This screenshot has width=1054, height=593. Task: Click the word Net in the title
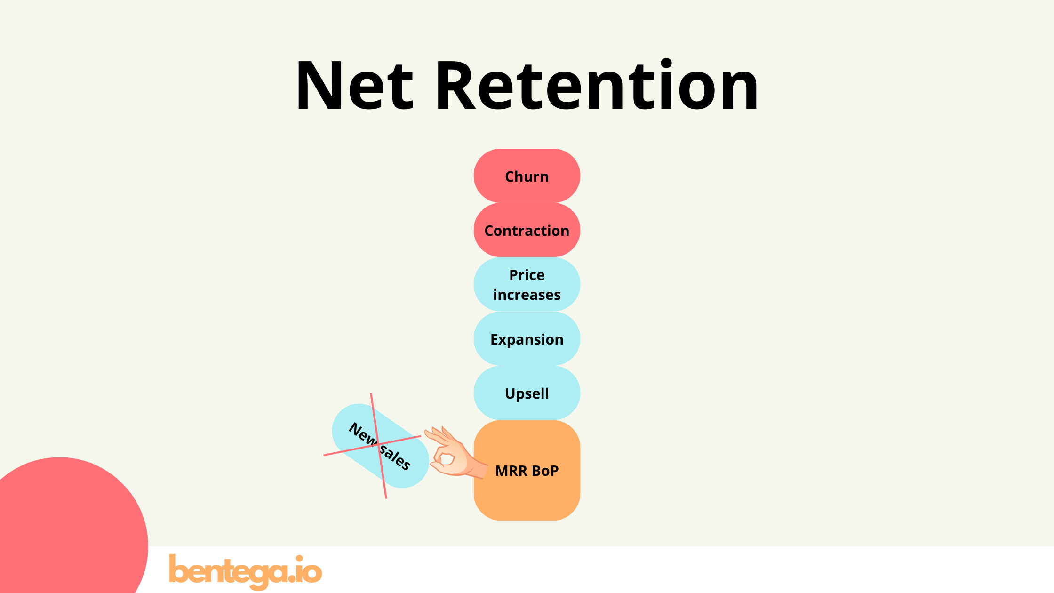[354, 86]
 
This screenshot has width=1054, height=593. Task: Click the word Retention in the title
[597, 86]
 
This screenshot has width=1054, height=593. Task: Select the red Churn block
[527, 176]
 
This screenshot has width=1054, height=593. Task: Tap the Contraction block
[527, 231]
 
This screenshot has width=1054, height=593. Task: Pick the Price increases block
[527, 285]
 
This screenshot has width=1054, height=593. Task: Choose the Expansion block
[527, 339]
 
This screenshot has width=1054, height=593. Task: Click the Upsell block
[527, 393]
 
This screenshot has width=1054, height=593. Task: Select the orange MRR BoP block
[527, 489]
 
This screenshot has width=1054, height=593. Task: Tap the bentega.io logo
[245, 571]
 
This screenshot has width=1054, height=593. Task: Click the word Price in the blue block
[527, 275]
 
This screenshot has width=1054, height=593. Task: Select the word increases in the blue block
[527, 295]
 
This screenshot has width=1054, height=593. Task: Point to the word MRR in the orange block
[511, 471]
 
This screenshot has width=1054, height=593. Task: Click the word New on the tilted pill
[362, 433]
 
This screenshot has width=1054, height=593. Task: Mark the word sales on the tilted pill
[395, 457]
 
